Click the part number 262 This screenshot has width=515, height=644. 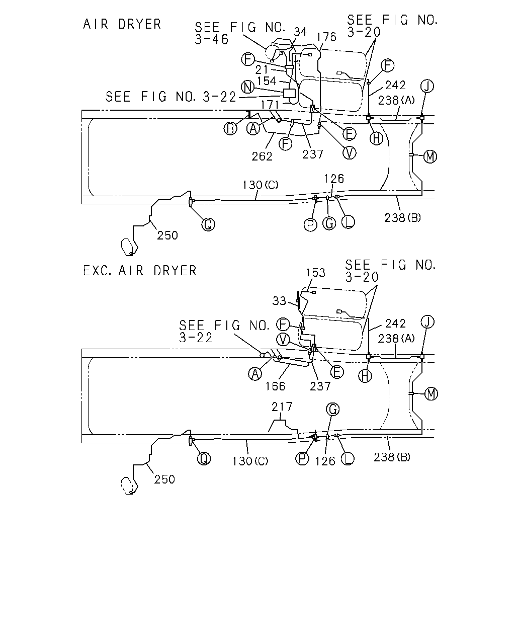262,156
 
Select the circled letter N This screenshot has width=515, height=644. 248,87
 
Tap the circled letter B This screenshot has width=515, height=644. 230,128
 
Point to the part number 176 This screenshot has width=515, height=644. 326,37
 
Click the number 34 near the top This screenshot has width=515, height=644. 300,32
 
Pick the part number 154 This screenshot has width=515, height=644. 267,81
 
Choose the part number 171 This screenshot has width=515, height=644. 270,105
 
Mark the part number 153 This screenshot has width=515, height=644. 315,273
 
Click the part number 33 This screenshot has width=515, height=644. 279,301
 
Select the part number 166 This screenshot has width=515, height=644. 275,386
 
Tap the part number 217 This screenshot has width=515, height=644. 282,407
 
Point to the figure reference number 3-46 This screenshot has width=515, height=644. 212,40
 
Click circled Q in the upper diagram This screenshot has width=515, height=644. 208,224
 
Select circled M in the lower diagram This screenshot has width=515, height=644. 431,394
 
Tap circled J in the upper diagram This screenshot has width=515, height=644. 427,86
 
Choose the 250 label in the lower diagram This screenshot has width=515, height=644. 164,479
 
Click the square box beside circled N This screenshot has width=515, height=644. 289,93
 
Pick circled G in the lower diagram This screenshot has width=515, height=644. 333,409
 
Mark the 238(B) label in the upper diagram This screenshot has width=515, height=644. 402,218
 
